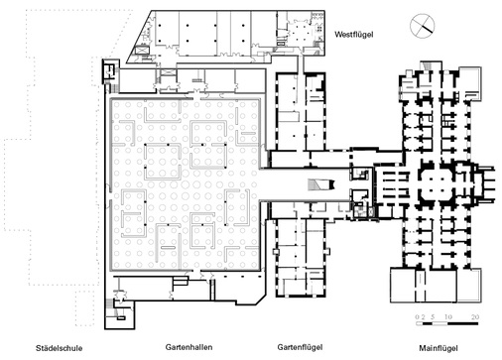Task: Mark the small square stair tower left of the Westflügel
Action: coord(110,70)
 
